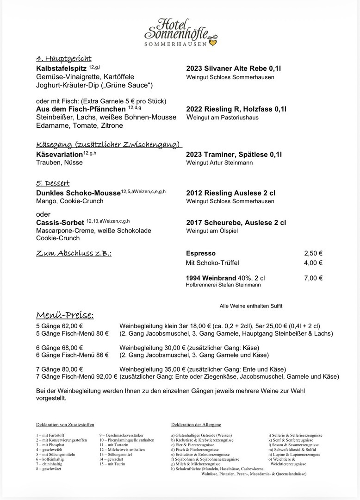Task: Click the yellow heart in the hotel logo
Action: (212, 42)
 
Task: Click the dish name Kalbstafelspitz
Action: (61, 69)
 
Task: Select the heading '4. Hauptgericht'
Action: (63, 59)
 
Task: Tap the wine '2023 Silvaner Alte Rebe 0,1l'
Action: (234, 69)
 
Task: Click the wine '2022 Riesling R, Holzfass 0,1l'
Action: (236, 109)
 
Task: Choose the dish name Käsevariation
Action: (59, 154)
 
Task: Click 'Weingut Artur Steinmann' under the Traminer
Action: (219, 163)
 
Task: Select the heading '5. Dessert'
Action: (53, 183)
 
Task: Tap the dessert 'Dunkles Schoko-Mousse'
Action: (78, 193)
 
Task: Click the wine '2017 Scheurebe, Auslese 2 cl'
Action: (236, 223)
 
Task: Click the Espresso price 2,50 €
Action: (313, 253)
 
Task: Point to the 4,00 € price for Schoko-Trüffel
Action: (313, 263)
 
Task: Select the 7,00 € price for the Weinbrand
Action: (313, 278)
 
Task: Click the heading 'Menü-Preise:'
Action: (65, 316)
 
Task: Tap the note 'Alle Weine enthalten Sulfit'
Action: (251, 306)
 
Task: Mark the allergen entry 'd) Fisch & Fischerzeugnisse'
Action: (195, 450)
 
